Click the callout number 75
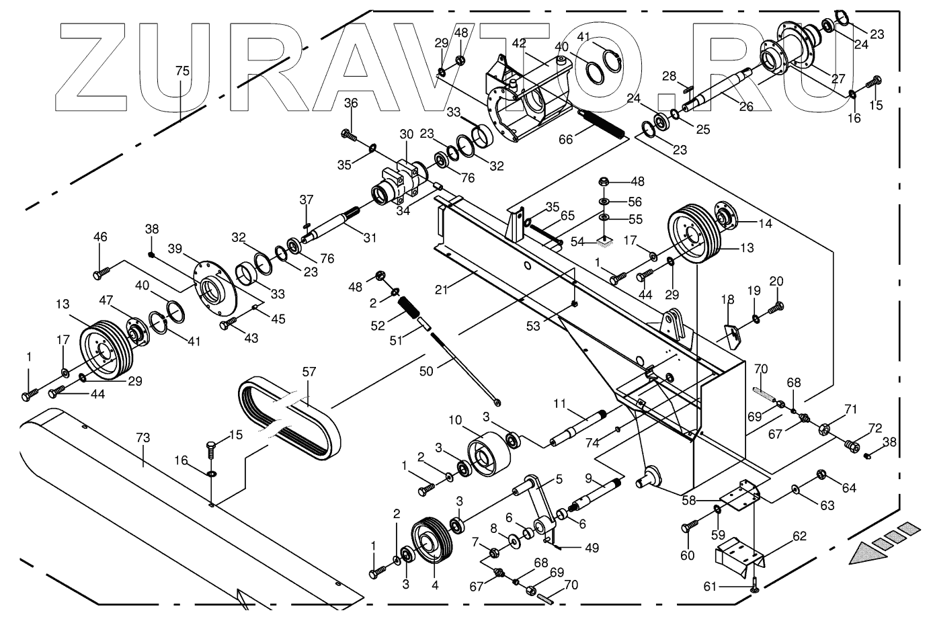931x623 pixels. tap(181, 71)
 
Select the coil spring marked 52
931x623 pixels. tap(410, 311)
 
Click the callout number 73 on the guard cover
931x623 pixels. tap(143, 438)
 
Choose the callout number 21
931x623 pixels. tap(440, 289)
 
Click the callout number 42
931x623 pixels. tap(519, 43)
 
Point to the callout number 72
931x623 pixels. tap(875, 428)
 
